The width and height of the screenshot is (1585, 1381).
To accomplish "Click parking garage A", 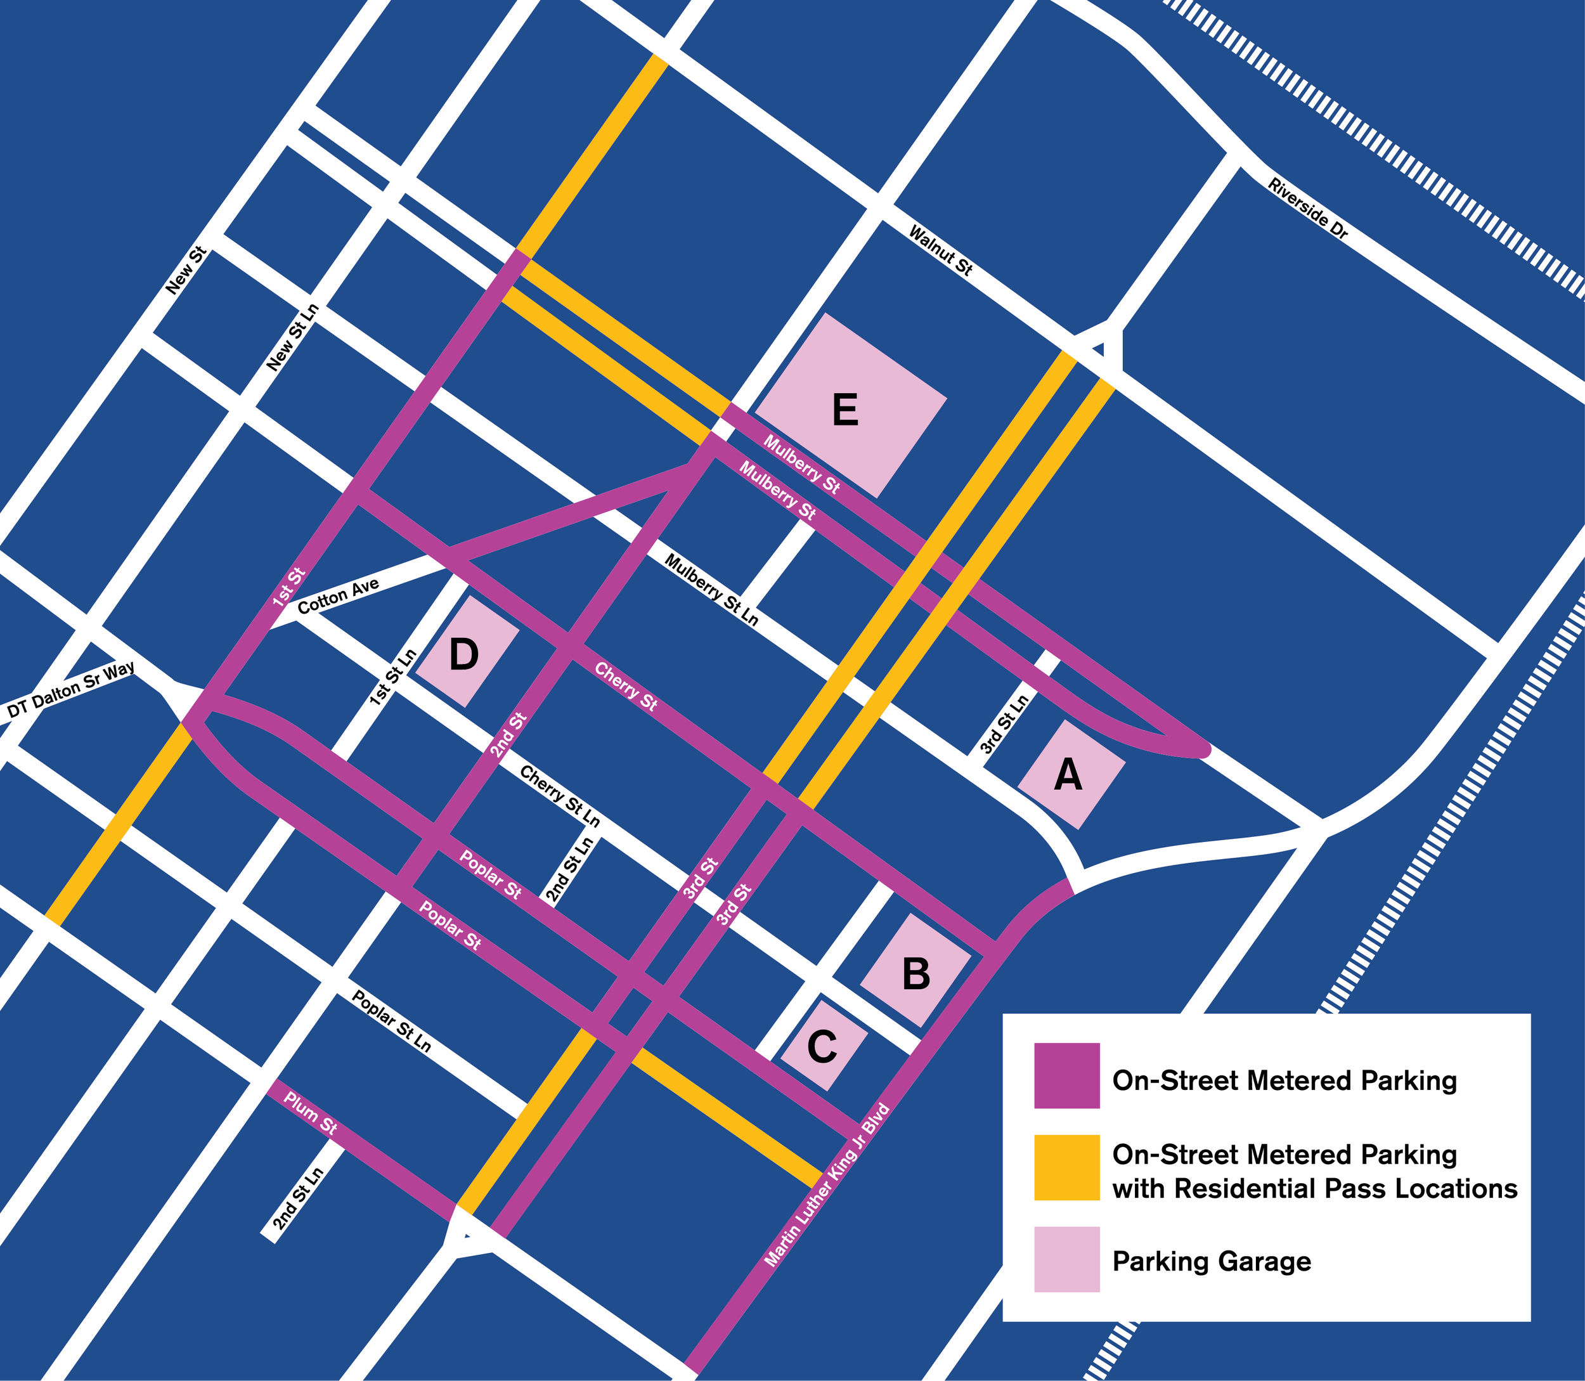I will pos(1070,774).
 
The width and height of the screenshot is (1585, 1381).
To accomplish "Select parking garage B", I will pos(915,973).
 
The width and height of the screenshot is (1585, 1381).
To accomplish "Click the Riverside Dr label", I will pos(1307,208).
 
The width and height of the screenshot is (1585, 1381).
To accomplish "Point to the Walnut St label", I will pos(940,250).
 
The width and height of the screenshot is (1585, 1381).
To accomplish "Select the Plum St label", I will pos(311,1112).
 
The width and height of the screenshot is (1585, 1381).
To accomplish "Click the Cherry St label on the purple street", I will pos(626,687).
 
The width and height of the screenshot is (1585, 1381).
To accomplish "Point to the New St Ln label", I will pos(292,337).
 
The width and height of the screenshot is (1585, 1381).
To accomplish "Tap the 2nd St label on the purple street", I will pos(508,736).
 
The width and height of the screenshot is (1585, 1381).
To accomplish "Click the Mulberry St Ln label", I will pos(711,590).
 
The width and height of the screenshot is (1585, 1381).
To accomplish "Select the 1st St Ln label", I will pos(393,677).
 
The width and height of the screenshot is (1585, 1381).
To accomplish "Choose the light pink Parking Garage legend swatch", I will pos(1066,1259).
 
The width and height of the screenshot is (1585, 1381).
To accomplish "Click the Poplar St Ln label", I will pos(391,1021).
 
